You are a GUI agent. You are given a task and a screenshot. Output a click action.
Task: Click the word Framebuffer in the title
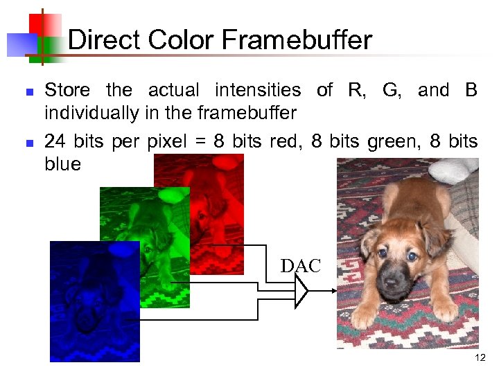(297, 41)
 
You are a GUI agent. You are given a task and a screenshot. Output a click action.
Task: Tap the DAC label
(301, 266)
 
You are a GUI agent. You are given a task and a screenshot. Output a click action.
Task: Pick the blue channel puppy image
(94, 301)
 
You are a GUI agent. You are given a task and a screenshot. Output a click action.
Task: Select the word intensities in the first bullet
(257, 90)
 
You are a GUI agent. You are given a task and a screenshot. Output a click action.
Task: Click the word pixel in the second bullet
(165, 142)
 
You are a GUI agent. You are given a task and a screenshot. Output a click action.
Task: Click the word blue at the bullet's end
(62, 165)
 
